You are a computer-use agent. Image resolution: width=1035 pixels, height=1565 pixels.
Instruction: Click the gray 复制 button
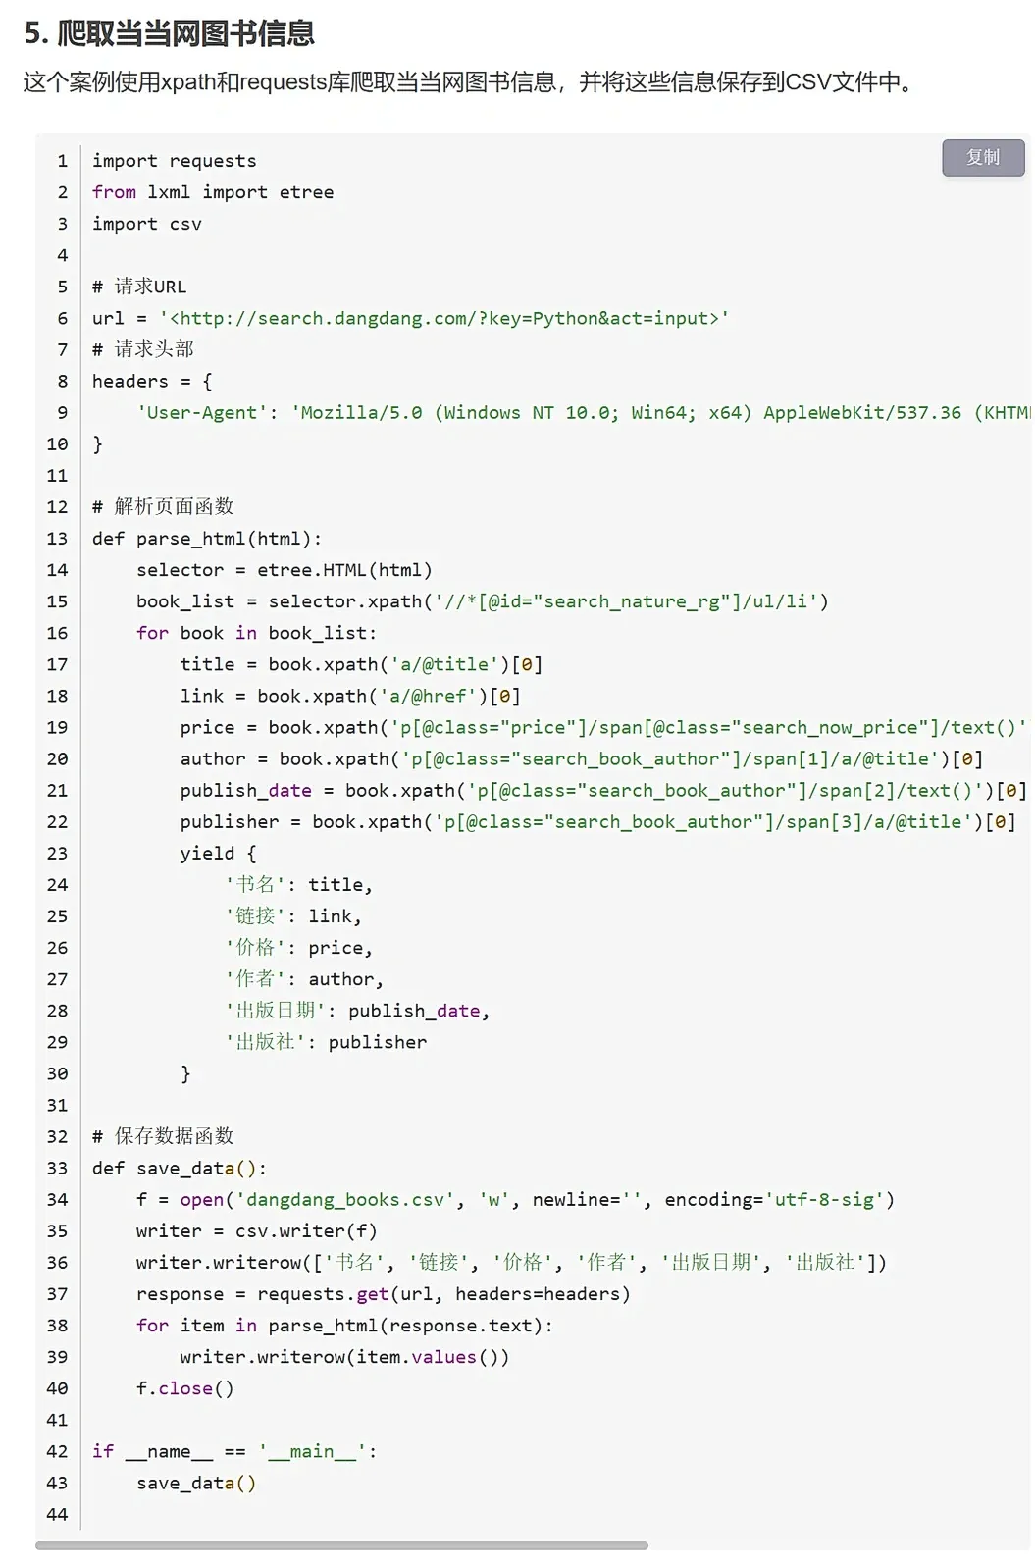coord(983,157)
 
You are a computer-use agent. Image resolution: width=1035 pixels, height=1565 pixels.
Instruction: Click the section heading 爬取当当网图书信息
coord(185,33)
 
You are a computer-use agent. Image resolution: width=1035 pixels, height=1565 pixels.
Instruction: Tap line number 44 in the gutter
coord(57,1514)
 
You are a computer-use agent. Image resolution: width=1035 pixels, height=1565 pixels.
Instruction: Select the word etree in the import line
coord(306,192)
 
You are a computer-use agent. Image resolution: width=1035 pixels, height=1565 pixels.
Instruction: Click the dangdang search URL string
coord(444,318)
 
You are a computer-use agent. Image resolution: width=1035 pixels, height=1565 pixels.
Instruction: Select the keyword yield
coord(207,853)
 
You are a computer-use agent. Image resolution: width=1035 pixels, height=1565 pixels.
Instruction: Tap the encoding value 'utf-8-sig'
coord(824,1199)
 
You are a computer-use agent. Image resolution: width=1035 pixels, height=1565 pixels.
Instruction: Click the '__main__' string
coord(312,1451)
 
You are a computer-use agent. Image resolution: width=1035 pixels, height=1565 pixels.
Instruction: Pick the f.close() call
coord(184,1388)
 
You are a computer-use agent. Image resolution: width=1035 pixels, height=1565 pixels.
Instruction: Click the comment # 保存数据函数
coord(163,1136)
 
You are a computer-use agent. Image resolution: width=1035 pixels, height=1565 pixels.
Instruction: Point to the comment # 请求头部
coord(143,349)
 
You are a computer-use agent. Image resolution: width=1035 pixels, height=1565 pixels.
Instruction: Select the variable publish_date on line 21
coord(245,790)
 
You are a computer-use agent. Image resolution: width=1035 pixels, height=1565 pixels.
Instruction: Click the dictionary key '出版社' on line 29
coord(265,1042)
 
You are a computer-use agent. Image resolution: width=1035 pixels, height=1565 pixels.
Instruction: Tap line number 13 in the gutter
coord(57,538)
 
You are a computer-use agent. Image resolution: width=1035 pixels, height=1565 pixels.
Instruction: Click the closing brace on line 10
coord(97,444)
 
